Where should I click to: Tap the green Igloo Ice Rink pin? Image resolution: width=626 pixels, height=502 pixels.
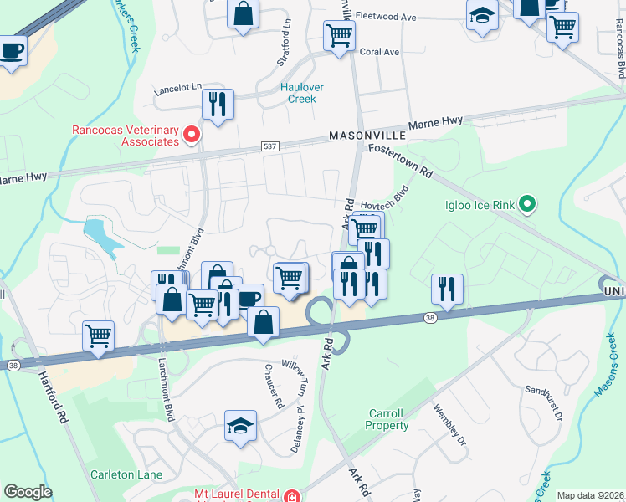click(526, 204)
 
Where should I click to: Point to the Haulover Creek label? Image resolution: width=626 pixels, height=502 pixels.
click(301, 93)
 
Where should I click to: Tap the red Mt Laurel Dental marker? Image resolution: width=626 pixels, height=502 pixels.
click(290, 494)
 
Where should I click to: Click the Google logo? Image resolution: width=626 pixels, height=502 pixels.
click(28, 492)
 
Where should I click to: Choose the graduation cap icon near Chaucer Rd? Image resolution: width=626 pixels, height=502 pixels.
click(240, 426)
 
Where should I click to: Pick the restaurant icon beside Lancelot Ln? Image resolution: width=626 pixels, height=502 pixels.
click(218, 104)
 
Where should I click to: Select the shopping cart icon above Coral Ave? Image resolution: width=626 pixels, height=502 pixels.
click(340, 35)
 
